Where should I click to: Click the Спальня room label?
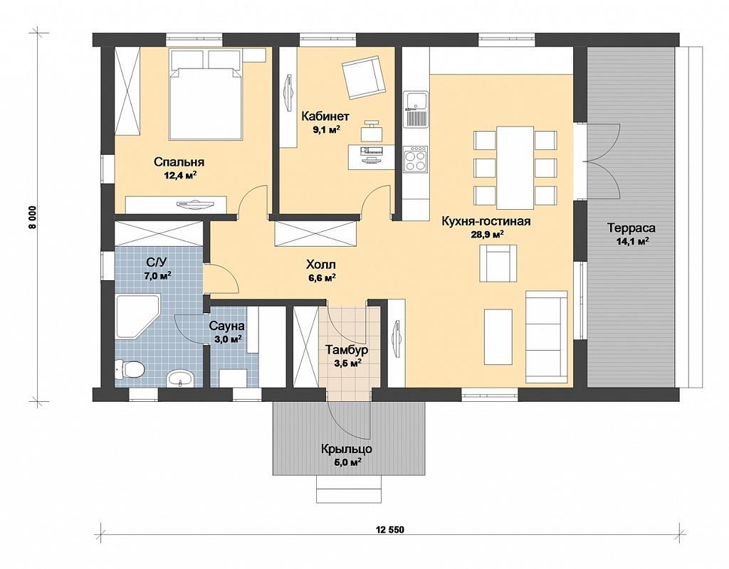coord(179,162)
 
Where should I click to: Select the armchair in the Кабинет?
coord(363,77)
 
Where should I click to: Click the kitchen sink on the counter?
coord(416,109)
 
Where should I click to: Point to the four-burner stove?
coord(415,159)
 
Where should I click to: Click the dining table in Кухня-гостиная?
coord(515,168)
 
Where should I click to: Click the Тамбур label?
coord(347,349)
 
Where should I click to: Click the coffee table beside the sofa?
coord(498,337)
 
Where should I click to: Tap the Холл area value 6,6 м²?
coord(321,278)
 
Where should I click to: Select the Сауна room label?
coord(226,325)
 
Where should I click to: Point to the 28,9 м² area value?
coord(488,235)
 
